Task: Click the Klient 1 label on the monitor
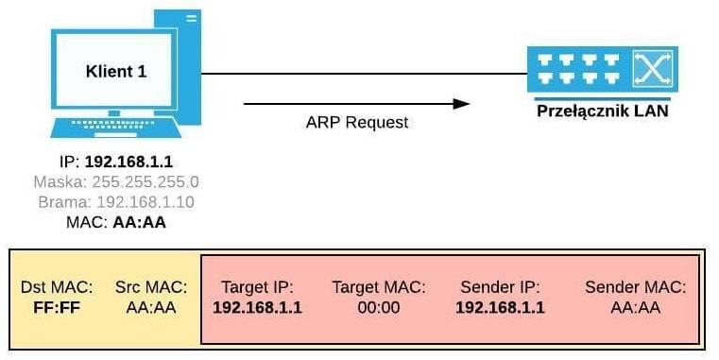pos(116,71)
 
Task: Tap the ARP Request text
pos(357,123)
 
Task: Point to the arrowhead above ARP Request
pos(461,104)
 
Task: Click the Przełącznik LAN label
pos(602,111)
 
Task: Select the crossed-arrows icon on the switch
pos(652,69)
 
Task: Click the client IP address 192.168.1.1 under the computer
pos(128,162)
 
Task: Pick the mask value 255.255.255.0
pos(146,182)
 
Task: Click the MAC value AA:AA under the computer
pos(140,222)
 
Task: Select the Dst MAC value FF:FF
pos(57,307)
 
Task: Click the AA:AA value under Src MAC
pos(151,307)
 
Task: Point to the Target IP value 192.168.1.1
pos(257,307)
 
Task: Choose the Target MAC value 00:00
pos(379,307)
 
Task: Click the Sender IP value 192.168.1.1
pos(500,307)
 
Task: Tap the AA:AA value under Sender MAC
pos(636,307)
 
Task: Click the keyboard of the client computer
pos(115,128)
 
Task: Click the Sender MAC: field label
pos(636,287)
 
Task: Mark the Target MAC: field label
pos(379,287)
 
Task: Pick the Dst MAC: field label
pos(57,287)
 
